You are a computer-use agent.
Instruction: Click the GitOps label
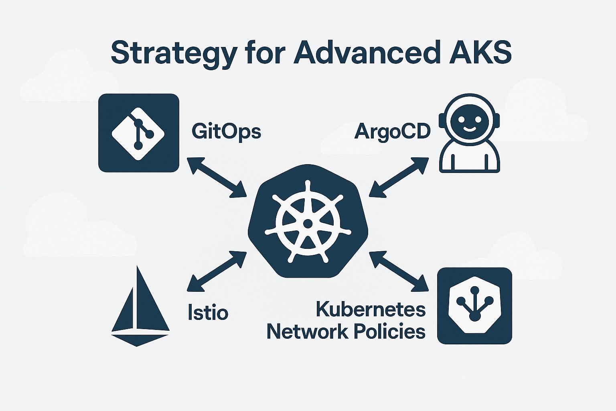[226, 131]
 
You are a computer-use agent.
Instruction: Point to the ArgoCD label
[392, 131]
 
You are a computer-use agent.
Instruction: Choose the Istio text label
[208, 312]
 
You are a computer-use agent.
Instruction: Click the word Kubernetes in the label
[371, 309]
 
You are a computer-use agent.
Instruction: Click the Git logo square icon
[139, 133]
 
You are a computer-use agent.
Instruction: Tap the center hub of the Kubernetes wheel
[308, 223]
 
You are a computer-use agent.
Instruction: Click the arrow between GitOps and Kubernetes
[217, 177]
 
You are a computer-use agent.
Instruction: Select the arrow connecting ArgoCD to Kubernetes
[399, 177]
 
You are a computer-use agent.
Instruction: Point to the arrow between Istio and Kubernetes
[217, 271]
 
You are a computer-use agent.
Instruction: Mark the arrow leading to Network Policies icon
[398, 271]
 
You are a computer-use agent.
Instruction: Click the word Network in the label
[307, 332]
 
